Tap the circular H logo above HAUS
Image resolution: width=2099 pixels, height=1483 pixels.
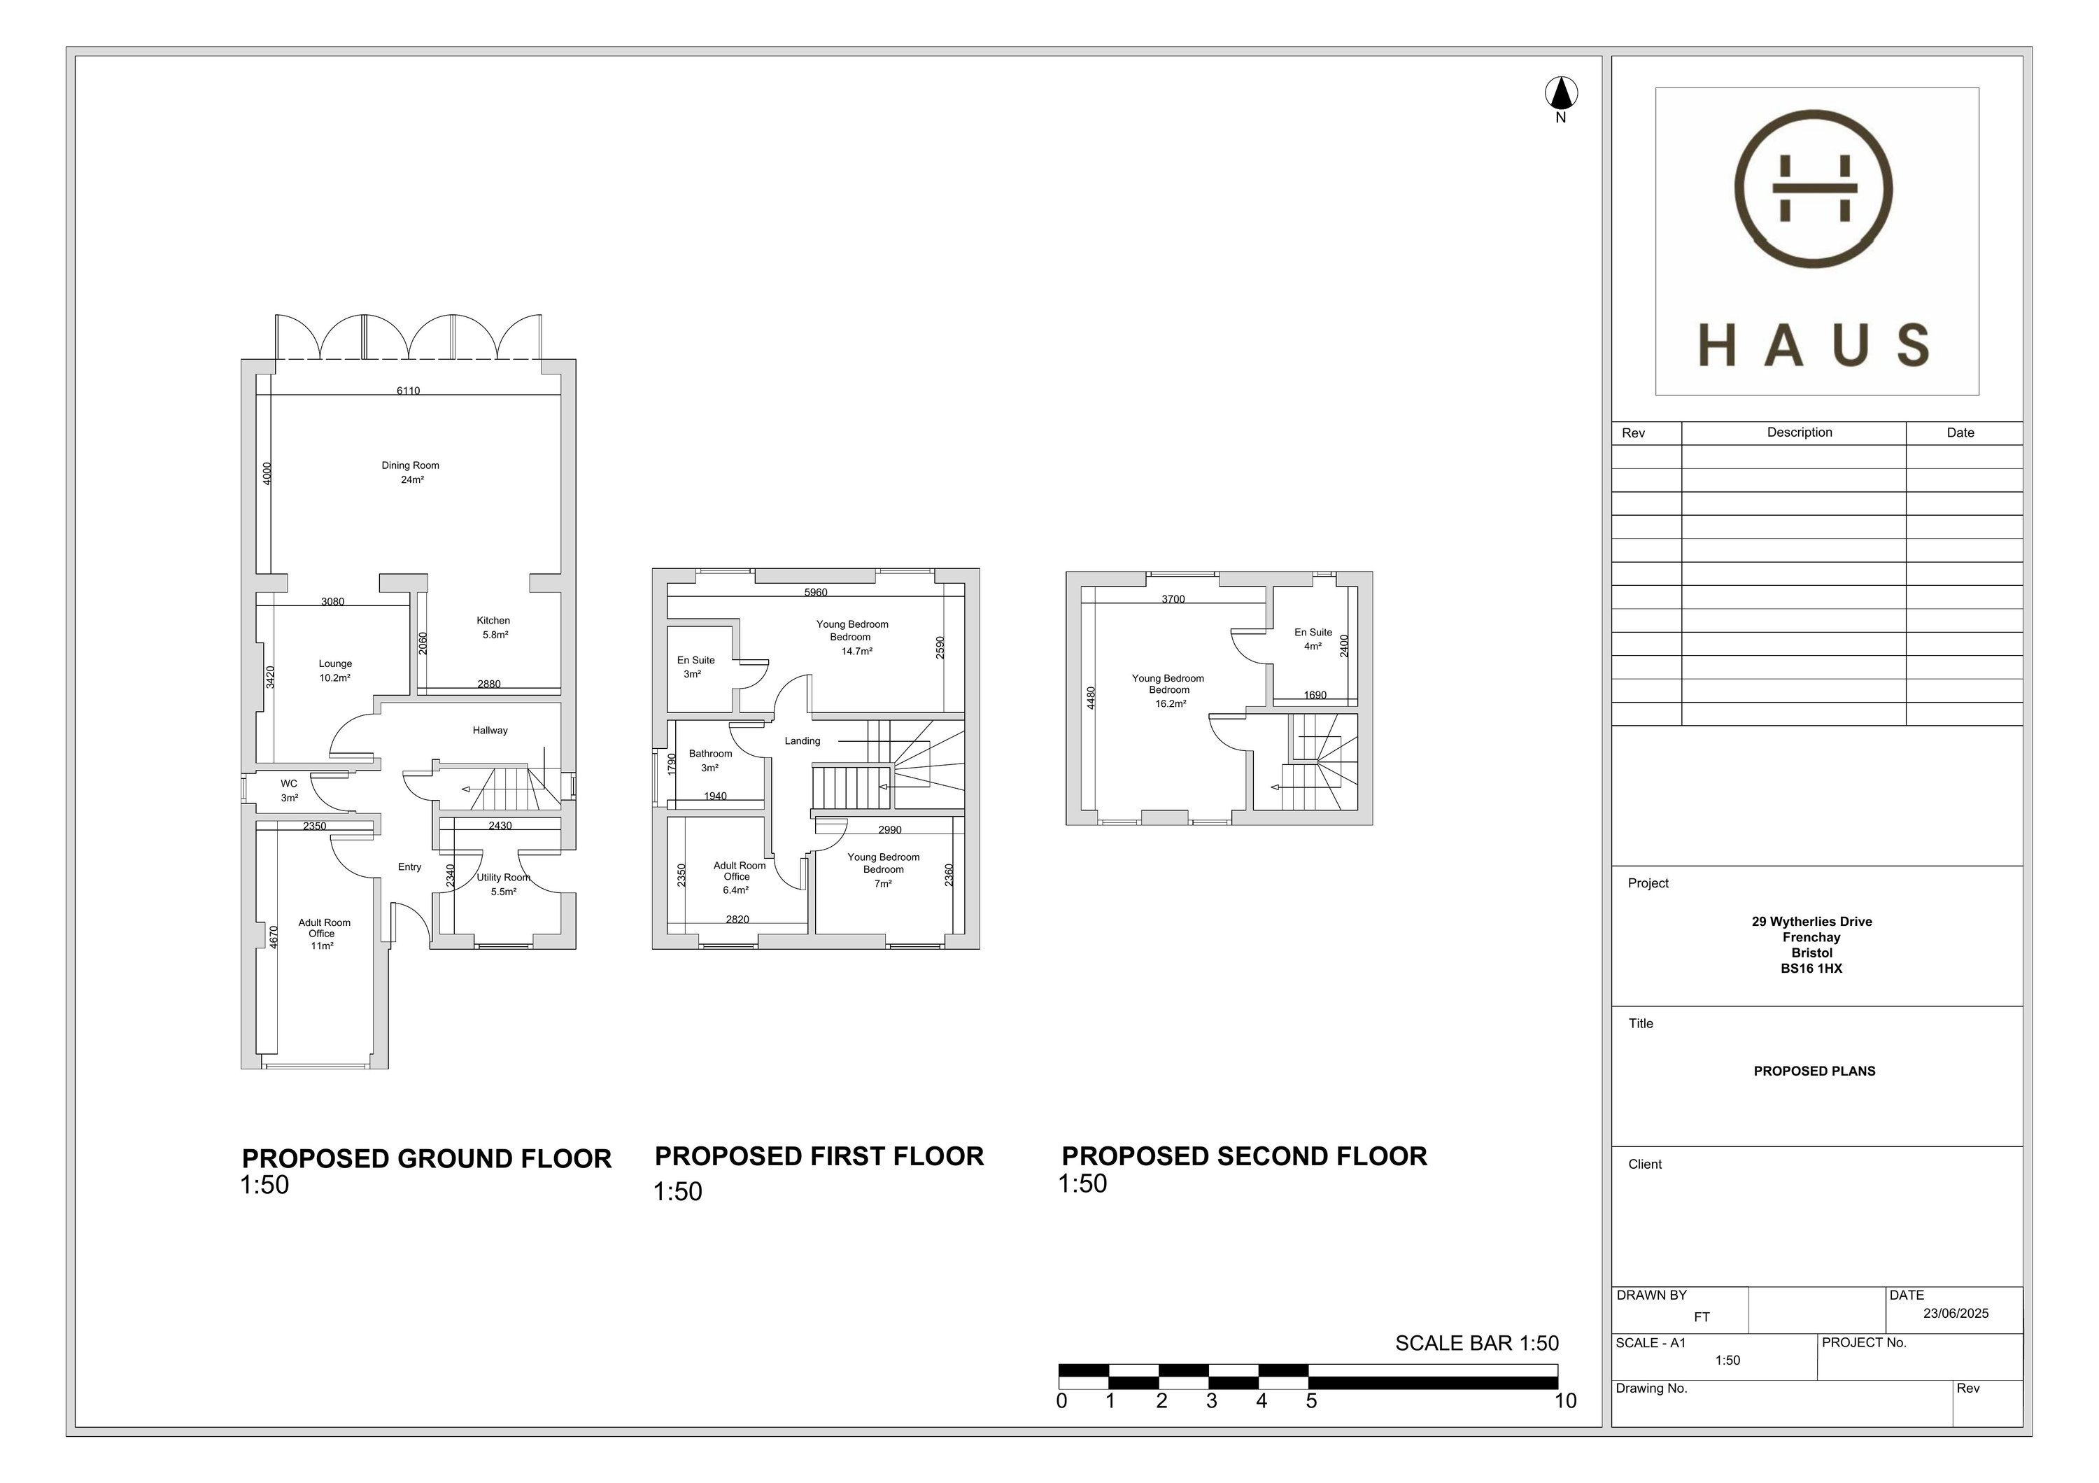[1814, 188]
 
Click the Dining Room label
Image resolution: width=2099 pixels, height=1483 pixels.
[411, 465]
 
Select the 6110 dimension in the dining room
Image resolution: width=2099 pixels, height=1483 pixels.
[409, 391]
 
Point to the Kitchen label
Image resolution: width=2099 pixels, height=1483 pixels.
[494, 621]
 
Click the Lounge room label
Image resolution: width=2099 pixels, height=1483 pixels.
[336, 663]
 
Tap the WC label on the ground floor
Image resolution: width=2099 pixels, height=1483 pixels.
[289, 784]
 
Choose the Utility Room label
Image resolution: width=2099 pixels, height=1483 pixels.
[504, 878]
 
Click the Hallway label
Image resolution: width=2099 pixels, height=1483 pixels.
[490, 731]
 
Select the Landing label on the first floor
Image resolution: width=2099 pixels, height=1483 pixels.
[803, 742]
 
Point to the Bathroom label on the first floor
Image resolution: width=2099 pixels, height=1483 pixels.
[710, 754]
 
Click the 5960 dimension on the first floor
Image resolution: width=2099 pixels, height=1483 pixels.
[816, 593]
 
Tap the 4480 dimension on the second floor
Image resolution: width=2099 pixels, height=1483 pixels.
[1091, 698]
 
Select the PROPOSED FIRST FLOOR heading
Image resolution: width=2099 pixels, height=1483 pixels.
[819, 1157]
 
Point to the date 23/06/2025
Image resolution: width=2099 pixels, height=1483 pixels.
[1956, 1314]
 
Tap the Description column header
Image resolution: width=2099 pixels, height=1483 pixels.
[1799, 433]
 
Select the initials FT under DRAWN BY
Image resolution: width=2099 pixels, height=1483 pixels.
[1702, 1318]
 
